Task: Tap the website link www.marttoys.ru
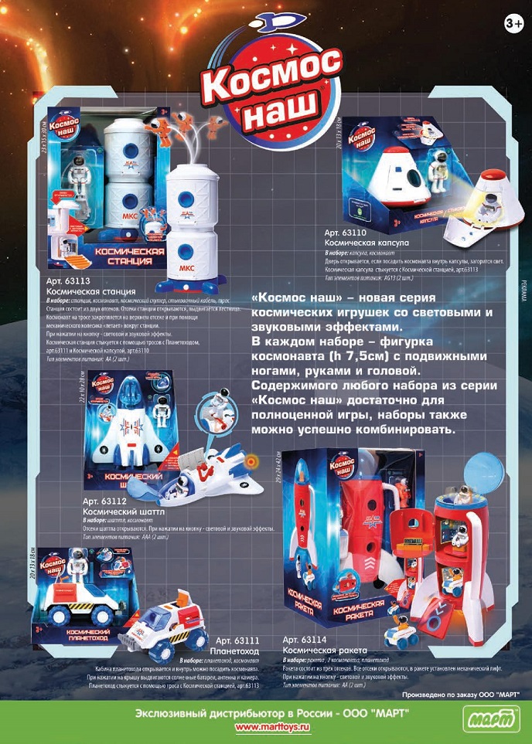[x=265, y=727]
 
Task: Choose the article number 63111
[x=237, y=640]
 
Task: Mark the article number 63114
[x=306, y=640]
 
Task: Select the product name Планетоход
[x=235, y=651]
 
